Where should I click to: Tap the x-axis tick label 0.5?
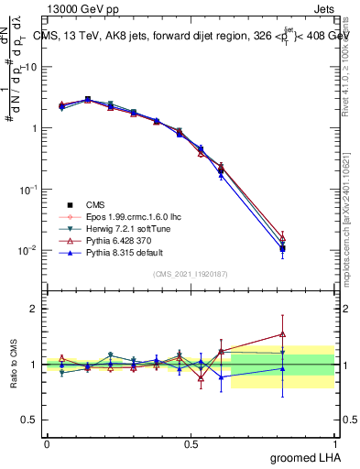(x=191, y=443)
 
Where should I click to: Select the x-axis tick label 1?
(x=334, y=443)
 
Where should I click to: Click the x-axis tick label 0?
(x=47, y=443)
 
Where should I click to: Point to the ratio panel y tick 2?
(x=34, y=309)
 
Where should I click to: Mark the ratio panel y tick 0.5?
(x=30, y=420)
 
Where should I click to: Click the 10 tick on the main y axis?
(x=30, y=68)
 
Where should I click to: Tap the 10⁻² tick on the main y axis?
(x=28, y=250)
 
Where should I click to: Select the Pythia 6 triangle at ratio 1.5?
(x=282, y=333)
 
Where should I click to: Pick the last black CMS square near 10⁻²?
(x=282, y=248)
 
